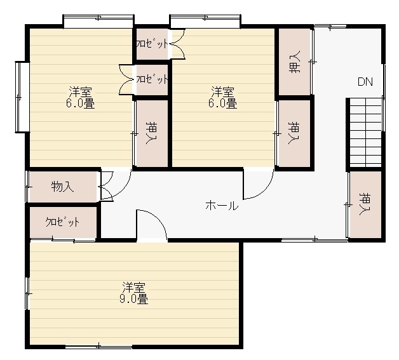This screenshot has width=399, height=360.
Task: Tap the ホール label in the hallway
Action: [222, 206]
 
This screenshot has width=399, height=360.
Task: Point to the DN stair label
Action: [365, 82]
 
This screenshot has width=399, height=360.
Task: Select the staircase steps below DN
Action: [366, 133]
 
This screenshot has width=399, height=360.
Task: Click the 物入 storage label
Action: [62, 187]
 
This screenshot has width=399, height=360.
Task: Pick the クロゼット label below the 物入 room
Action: [62, 222]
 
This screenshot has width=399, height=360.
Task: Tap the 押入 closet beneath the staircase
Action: [365, 204]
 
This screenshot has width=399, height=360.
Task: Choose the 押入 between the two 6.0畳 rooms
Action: [152, 133]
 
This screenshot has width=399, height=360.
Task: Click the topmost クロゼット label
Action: [152, 44]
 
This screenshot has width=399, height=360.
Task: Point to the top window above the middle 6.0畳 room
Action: [205, 20]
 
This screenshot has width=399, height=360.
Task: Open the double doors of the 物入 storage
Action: [106, 187]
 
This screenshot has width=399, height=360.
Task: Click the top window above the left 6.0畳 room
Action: [98, 20]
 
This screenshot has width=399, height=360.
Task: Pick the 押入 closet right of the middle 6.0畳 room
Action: [294, 133]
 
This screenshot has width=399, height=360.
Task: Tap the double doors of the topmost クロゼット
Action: [178, 44]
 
